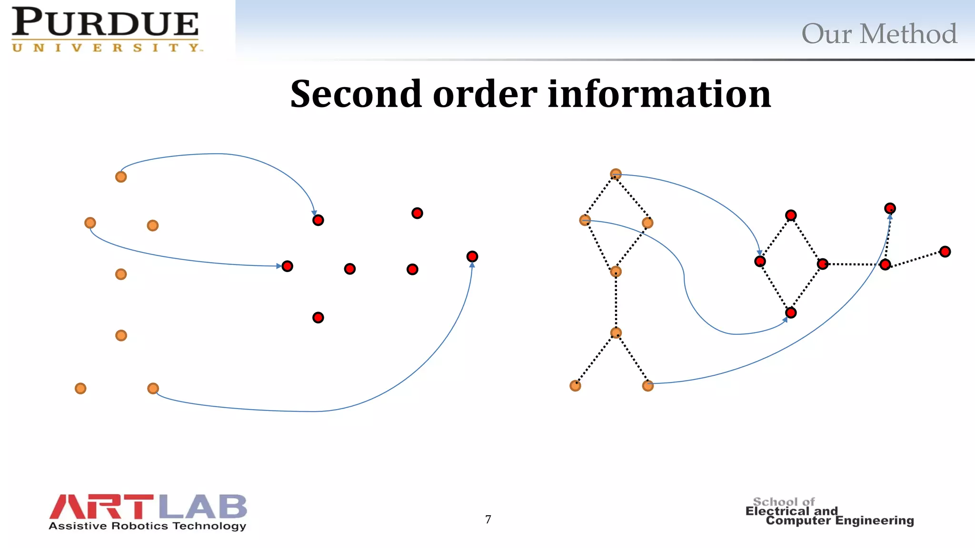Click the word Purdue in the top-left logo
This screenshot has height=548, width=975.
[105, 23]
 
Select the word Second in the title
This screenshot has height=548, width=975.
[356, 94]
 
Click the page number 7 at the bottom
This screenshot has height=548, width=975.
[488, 519]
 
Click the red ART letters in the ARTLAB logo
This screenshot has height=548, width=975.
[101, 507]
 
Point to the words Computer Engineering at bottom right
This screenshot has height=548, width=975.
[840, 521]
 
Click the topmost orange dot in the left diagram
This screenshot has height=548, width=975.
[121, 177]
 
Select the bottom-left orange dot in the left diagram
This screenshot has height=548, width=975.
[80, 389]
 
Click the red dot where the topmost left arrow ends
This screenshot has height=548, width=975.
[318, 220]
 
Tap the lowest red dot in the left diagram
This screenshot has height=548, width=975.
[318, 317]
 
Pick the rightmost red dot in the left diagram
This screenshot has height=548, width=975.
[472, 257]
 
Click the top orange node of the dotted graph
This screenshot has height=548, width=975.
[616, 174]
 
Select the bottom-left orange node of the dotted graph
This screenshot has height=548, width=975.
[575, 386]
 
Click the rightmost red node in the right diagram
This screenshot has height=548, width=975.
[945, 252]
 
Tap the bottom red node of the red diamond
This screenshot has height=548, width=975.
[791, 313]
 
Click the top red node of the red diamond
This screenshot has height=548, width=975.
[791, 215]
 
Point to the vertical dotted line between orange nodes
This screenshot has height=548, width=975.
[616, 303]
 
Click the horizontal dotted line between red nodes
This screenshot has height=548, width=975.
[854, 264]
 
